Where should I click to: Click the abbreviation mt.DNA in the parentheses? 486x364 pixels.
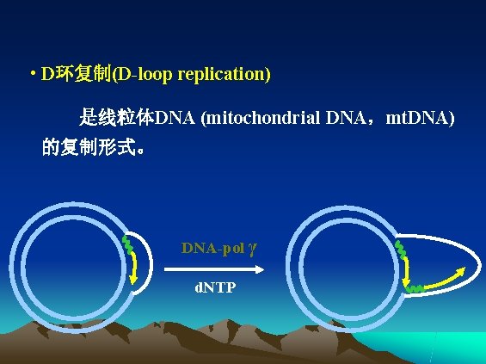[x=419, y=117]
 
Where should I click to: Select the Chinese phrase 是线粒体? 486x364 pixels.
[x=115, y=117]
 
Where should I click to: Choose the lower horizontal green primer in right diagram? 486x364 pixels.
[x=416, y=287]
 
